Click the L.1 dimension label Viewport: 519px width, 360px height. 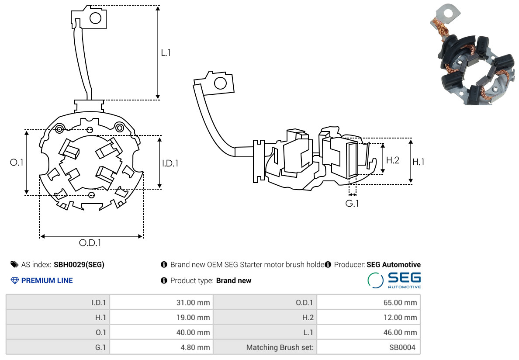click(x=166, y=53)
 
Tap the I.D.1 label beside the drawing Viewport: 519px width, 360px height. click(x=170, y=163)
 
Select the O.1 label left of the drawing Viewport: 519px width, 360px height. click(x=17, y=163)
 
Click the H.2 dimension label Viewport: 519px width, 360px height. click(x=393, y=160)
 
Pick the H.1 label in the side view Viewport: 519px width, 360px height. click(x=419, y=162)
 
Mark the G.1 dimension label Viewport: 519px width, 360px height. click(x=352, y=203)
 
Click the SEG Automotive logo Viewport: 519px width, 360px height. click(x=394, y=280)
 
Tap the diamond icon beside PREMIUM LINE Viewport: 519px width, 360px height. click(x=15, y=280)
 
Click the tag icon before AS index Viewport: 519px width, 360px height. click(x=14, y=265)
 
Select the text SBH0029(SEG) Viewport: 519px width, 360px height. click(x=79, y=265)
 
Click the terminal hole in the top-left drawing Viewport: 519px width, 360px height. click(x=95, y=18)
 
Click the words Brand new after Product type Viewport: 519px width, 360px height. click(x=234, y=280)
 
